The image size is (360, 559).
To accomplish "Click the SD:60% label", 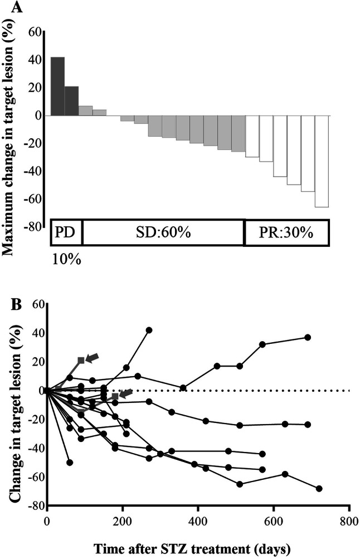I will [162, 232].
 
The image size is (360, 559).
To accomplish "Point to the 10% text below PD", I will [66, 259].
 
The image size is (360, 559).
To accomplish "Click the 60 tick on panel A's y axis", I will [35, 32].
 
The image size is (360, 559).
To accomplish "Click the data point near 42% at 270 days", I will [149, 330].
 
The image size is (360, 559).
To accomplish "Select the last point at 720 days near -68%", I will [319, 488].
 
